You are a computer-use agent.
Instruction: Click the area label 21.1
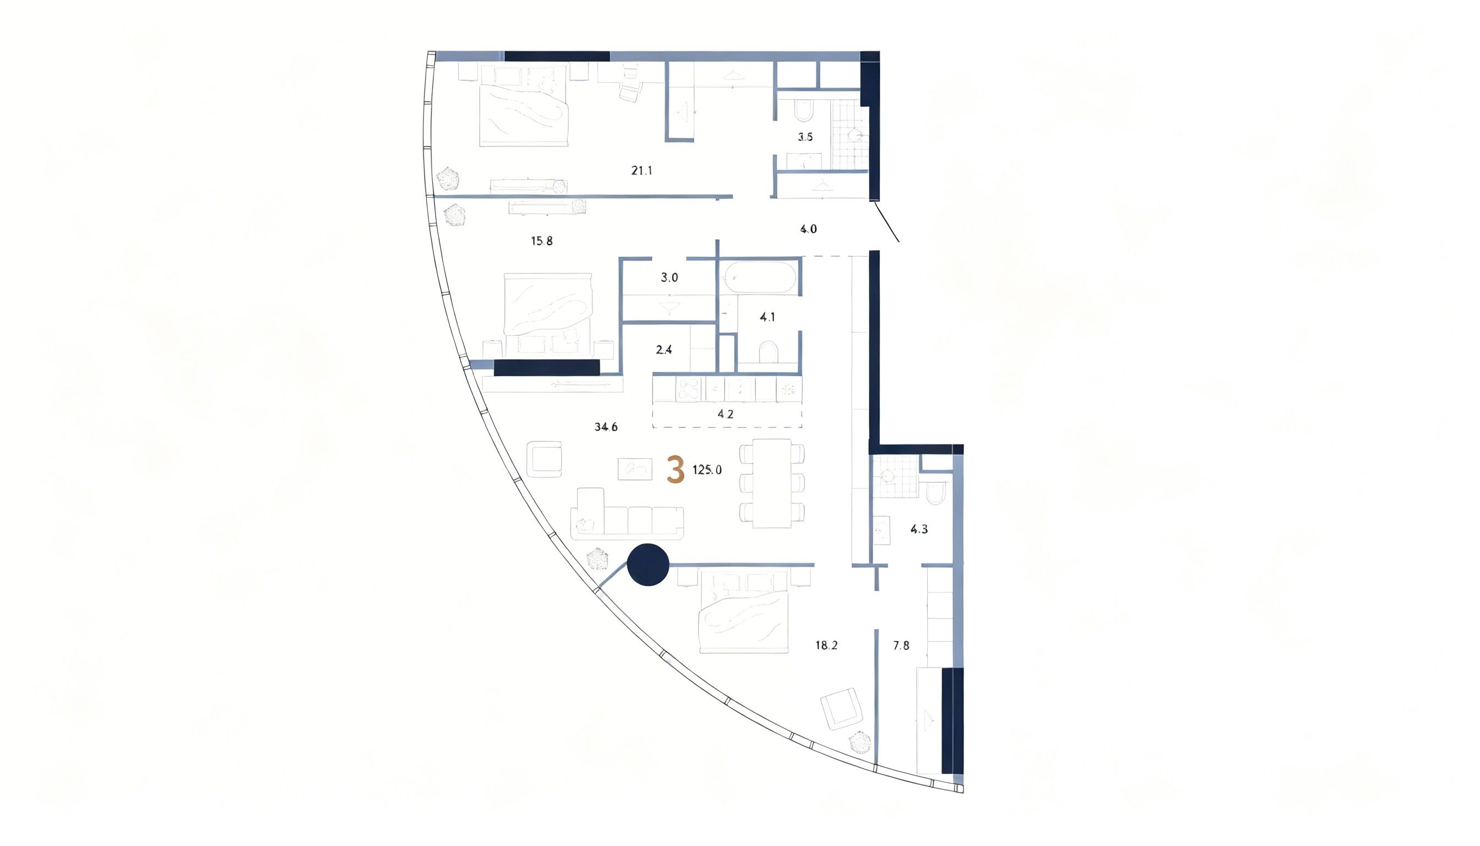pos(642,171)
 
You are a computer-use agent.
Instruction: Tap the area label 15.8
pos(541,241)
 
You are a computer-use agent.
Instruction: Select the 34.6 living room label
pos(606,427)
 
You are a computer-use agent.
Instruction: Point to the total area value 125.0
pos(707,470)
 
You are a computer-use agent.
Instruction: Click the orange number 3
pos(675,470)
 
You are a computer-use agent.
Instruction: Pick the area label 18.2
pos(826,646)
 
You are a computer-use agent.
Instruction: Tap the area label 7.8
pos(901,646)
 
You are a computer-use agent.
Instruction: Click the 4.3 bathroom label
pos(918,529)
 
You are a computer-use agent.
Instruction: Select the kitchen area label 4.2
pos(726,414)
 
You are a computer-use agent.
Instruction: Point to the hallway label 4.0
pos(808,230)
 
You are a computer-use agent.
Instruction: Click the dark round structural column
pos(648,565)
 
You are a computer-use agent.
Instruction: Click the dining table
pos(771,484)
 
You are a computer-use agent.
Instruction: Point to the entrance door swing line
pos(886,221)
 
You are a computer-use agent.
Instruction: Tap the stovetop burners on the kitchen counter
pos(689,390)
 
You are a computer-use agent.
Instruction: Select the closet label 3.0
pos(669,278)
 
